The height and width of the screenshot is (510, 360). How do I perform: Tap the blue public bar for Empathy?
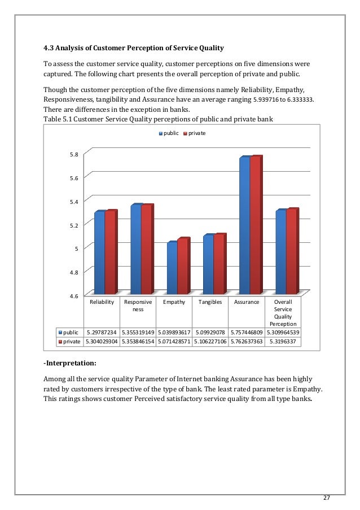[172, 268]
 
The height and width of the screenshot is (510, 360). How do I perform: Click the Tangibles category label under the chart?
[210, 302]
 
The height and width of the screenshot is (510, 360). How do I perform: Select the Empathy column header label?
[174, 302]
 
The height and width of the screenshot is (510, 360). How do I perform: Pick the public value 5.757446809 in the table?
[246, 333]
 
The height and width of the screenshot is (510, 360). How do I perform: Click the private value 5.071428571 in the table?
[174, 342]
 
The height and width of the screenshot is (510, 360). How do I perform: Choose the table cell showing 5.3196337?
[283, 342]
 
